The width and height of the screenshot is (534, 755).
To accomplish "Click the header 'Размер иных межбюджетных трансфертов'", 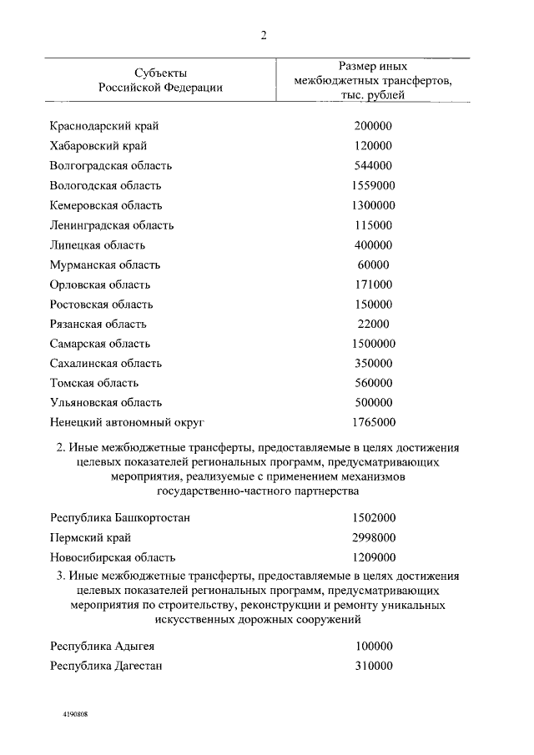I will (372, 80).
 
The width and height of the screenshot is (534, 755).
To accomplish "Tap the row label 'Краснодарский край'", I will (103, 126).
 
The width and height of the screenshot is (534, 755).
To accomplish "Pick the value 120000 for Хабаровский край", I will (372, 146).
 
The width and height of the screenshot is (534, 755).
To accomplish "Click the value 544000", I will (372, 165).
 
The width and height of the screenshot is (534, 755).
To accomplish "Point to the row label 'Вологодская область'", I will (105, 185).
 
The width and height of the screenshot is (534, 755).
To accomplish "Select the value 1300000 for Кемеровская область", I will (372, 205).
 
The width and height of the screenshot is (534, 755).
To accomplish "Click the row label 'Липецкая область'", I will (97, 245).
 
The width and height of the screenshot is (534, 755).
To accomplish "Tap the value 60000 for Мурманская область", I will (372, 264).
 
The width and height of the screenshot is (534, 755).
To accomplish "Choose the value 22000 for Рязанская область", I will (372, 324).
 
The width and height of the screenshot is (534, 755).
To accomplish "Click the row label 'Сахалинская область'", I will (105, 364).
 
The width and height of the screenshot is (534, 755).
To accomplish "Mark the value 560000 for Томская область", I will (372, 383).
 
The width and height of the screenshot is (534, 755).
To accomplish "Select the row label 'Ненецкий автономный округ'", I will (127, 422).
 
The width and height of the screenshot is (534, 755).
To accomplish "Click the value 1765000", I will (372, 422).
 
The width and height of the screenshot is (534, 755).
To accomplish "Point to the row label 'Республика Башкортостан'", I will (119, 518).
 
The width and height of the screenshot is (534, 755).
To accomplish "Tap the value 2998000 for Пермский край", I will (372, 538).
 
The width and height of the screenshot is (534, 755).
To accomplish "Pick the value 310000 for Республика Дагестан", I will (372, 666).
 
